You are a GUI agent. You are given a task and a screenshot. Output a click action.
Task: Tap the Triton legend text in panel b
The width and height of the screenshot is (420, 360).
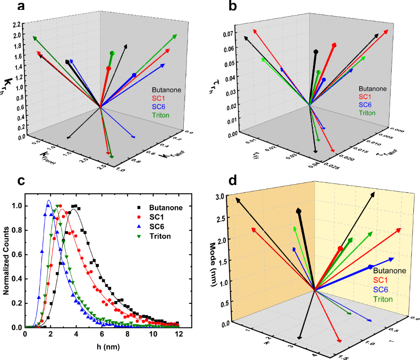click(x=367, y=113)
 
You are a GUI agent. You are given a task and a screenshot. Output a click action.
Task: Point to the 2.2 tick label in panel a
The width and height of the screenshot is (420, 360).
click(x=18, y=25)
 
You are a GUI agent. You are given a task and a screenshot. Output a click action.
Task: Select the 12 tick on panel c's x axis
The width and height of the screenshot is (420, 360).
click(x=178, y=334)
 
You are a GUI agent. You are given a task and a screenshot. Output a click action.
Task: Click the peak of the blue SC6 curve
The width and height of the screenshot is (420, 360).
click(x=49, y=200)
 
